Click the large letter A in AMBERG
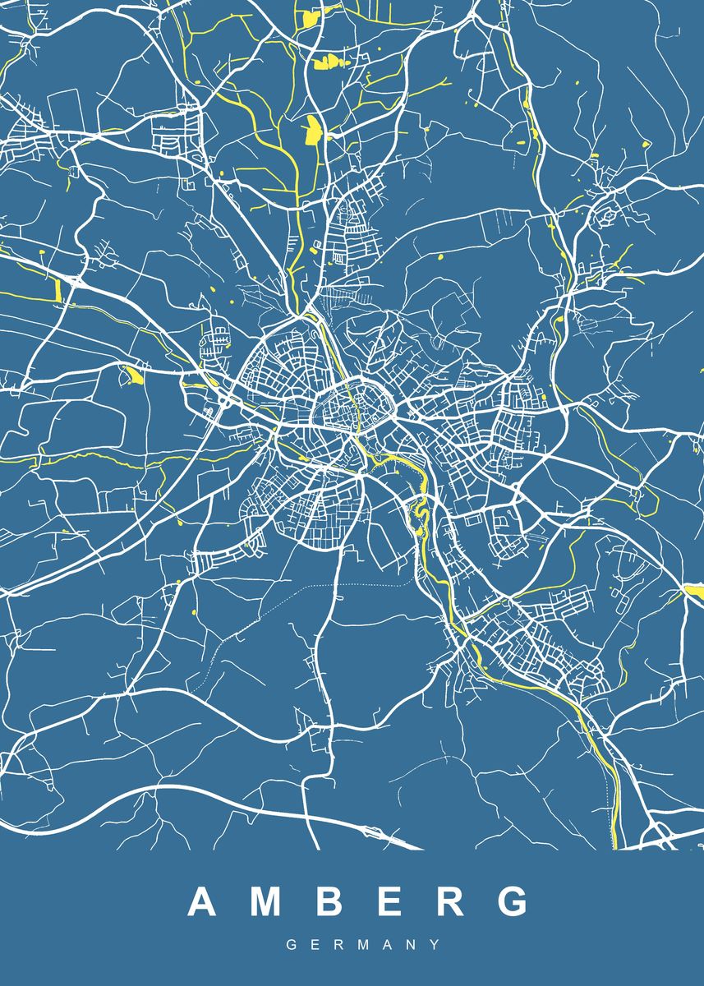[x=203, y=901]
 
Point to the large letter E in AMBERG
[x=388, y=901]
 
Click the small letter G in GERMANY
[x=291, y=946]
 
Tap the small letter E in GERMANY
[x=315, y=946]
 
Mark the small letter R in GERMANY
[x=338, y=946]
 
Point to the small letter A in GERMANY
[x=388, y=946]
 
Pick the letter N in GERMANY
[x=412, y=946]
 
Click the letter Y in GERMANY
[x=435, y=946]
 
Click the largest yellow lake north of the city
[x=312, y=129]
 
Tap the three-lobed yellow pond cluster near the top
[x=327, y=60]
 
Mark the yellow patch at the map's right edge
[x=694, y=591]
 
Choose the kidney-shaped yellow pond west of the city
[x=132, y=376]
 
